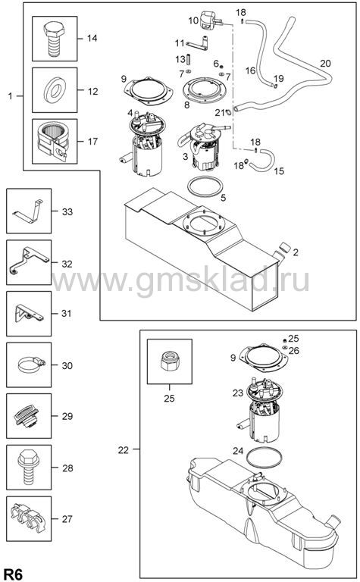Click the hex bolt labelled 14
[54, 39]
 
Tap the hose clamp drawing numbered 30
[31, 365]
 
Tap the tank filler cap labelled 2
[285, 247]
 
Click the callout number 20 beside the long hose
[325, 64]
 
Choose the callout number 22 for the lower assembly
[124, 450]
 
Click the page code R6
[14, 574]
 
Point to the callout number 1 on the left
[10, 95]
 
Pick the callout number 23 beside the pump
[238, 393]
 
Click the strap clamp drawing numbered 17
[53, 142]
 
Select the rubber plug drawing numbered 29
[27, 416]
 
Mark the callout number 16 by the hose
[251, 70]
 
